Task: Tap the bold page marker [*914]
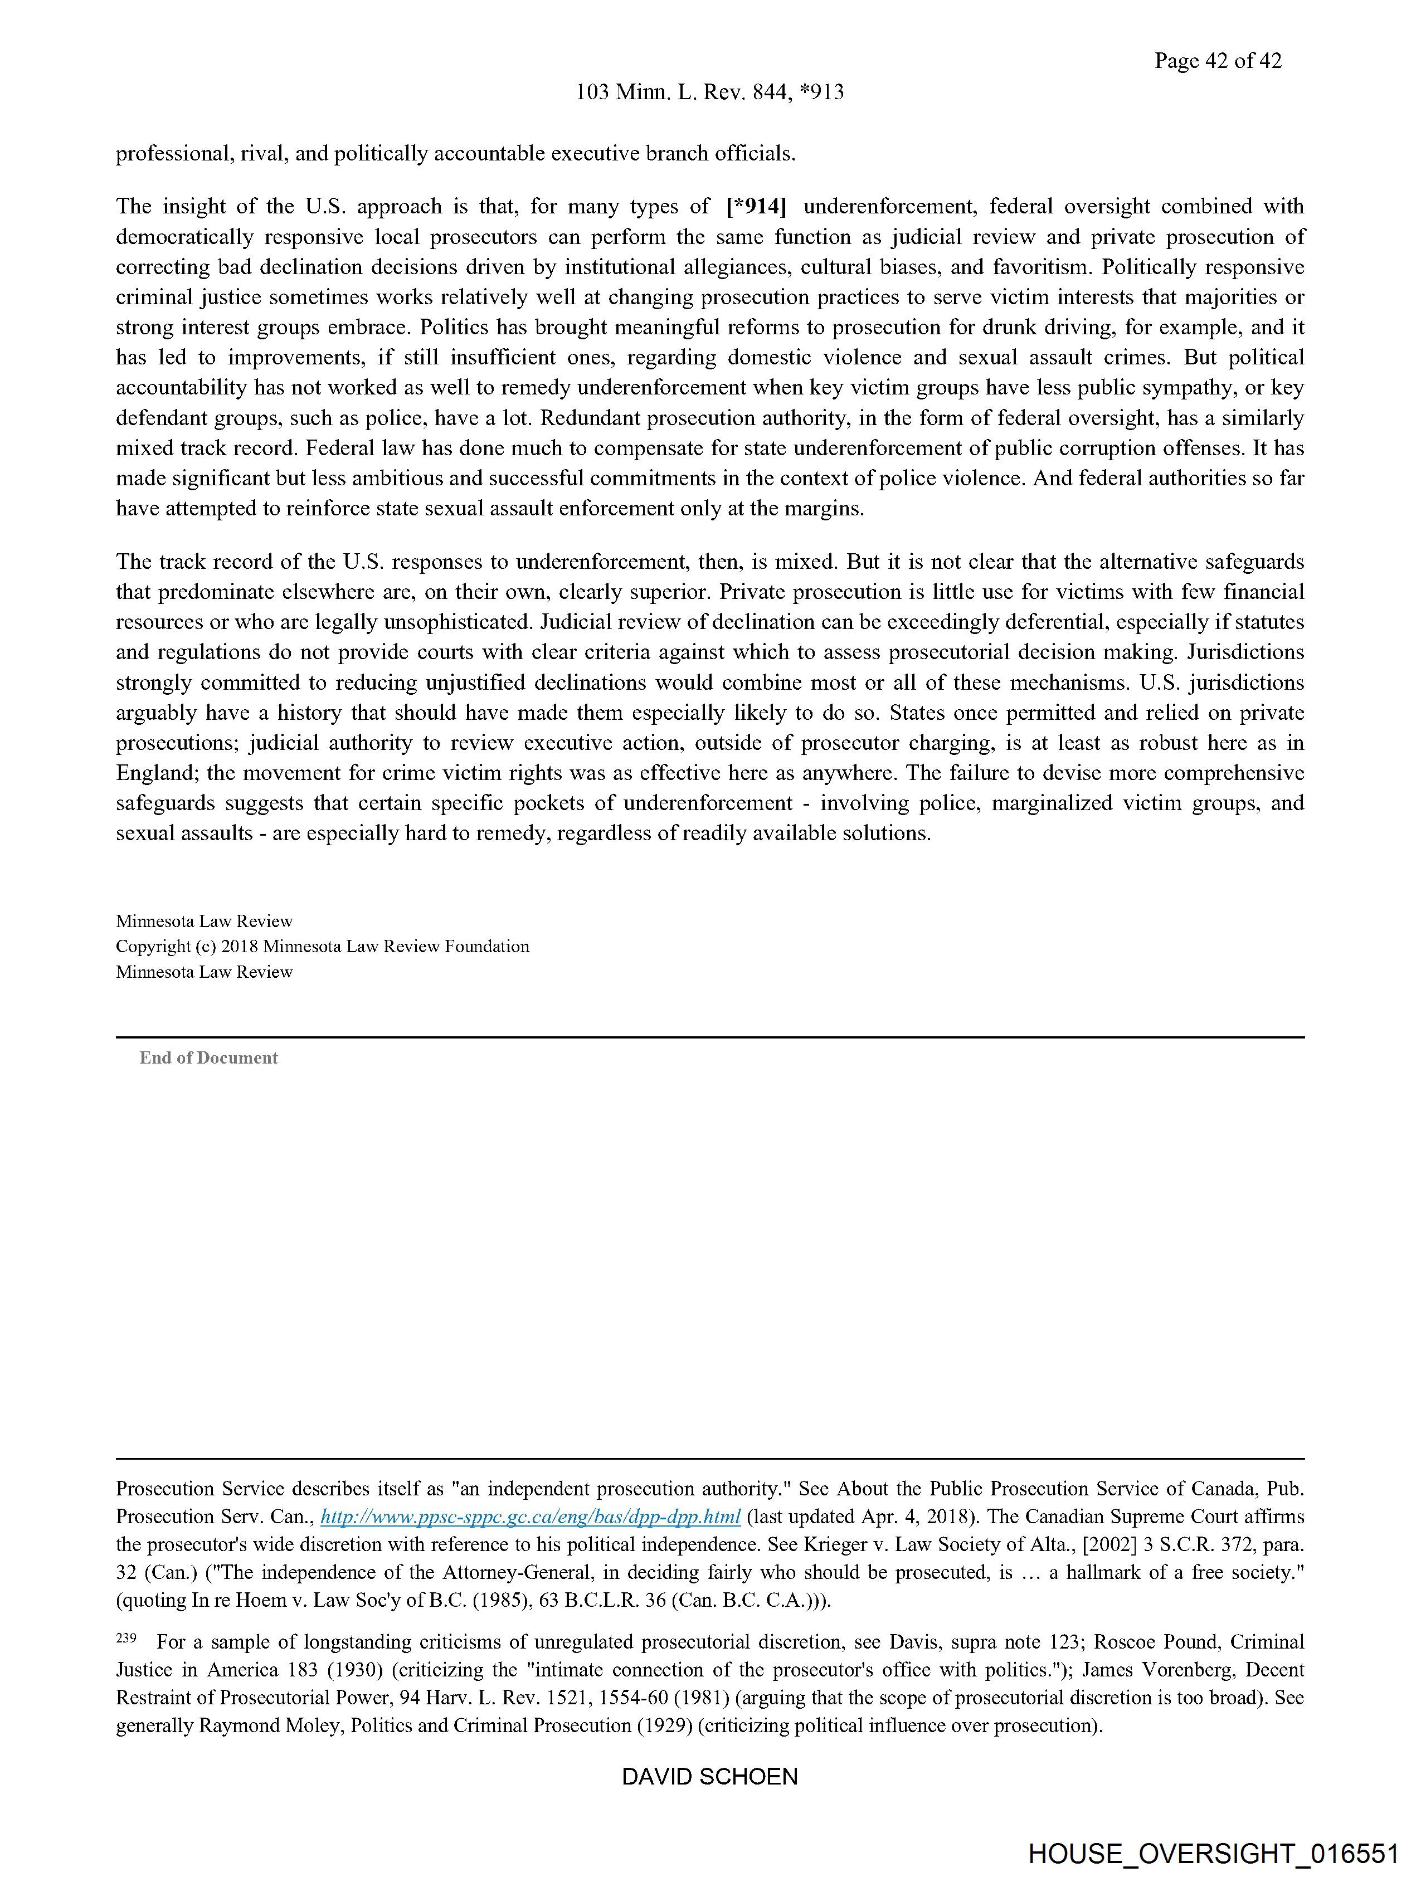[756, 206]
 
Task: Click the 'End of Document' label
[209, 1057]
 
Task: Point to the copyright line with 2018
[323, 946]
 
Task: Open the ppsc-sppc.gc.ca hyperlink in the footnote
[531, 1517]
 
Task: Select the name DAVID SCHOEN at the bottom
[709, 1776]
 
